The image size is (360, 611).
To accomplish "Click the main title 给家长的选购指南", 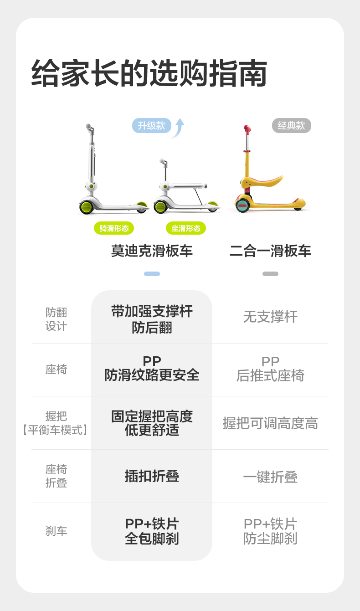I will (149, 73).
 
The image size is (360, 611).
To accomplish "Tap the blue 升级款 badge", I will (151, 126).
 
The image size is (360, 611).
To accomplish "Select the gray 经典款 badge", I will (291, 126).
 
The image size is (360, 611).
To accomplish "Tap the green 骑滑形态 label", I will (114, 228).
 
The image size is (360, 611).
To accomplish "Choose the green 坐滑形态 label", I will (186, 228).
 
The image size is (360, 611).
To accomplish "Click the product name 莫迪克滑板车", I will (152, 251).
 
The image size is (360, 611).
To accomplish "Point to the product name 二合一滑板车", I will (270, 251).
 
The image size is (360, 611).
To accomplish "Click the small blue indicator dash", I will (152, 274).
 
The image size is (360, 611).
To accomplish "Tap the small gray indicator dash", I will (270, 274).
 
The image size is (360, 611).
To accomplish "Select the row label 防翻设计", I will (56, 319).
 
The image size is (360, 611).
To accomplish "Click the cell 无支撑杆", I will (270, 317).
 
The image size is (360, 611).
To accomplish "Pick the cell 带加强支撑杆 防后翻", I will (152, 319).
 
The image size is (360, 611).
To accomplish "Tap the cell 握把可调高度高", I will (270, 423).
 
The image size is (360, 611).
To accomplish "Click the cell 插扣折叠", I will (152, 476).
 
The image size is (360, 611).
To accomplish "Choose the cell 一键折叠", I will (270, 477).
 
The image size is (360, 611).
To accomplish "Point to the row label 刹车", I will (56, 531).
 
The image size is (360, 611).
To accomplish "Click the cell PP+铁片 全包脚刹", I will (152, 531).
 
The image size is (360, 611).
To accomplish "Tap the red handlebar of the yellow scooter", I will (247, 130).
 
